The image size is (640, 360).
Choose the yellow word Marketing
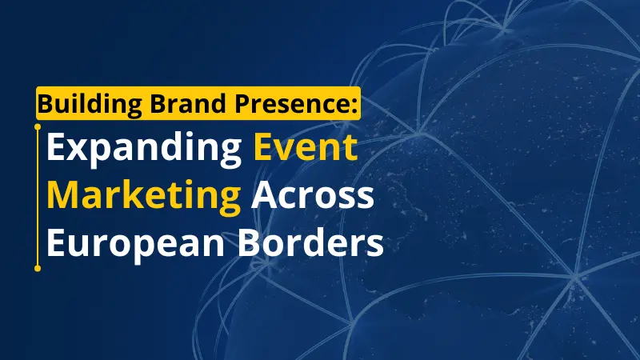click(x=144, y=197)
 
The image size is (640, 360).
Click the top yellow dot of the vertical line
click(x=38, y=126)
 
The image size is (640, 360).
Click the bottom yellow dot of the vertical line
click(x=38, y=268)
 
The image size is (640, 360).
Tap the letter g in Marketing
click(x=229, y=202)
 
